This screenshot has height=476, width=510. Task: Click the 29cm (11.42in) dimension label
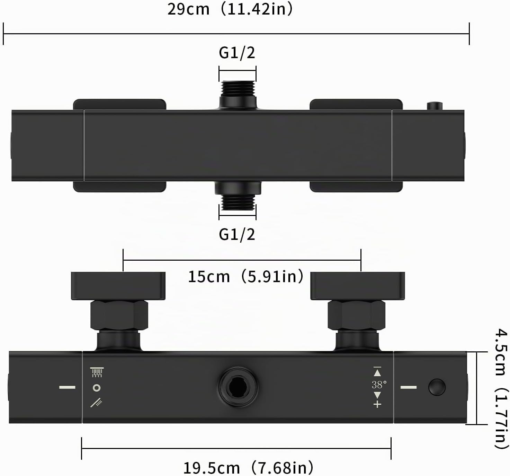[x=230, y=9]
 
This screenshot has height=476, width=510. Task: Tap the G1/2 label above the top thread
[x=237, y=53]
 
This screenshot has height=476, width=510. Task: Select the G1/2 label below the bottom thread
[x=237, y=234]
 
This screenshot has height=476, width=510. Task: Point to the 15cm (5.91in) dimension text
[x=246, y=277]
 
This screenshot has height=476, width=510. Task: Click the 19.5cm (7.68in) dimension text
[x=248, y=468]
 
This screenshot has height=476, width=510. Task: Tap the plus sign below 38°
[x=377, y=405]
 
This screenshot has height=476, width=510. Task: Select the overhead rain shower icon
[x=97, y=372]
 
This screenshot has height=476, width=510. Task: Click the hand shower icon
[x=96, y=403]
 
